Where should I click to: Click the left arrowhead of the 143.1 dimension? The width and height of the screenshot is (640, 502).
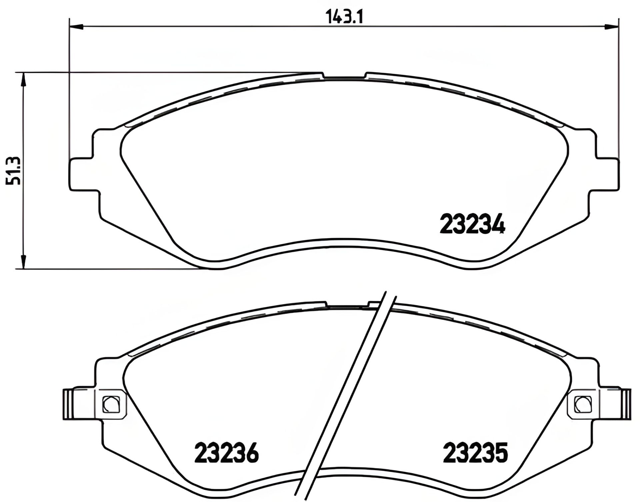tap(76, 26)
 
